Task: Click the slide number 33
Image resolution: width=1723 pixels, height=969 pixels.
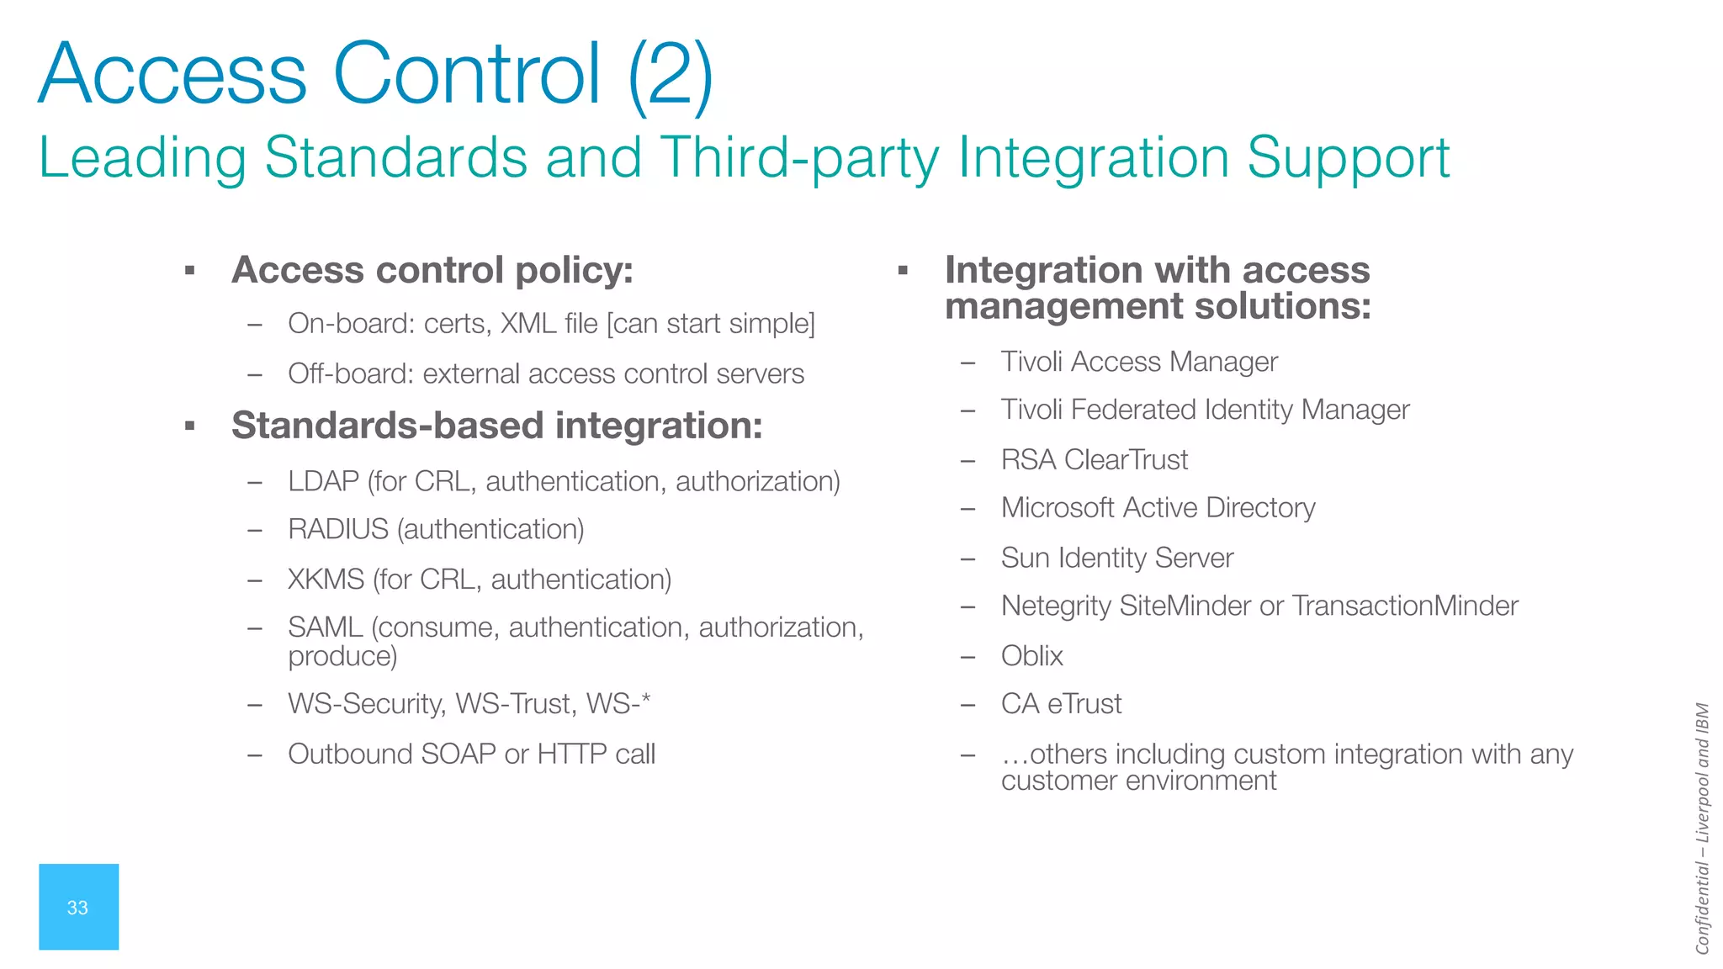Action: (x=77, y=908)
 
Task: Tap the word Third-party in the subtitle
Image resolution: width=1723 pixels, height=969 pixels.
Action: (x=798, y=158)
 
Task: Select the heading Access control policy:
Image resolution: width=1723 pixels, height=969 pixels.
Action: (x=432, y=270)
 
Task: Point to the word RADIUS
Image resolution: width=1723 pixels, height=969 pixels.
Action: (x=338, y=529)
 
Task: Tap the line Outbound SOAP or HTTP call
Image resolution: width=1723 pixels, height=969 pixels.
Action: (x=471, y=754)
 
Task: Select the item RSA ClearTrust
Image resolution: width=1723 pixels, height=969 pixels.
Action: (x=1094, y=460)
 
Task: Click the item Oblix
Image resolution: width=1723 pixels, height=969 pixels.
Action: (x=1031, y=656)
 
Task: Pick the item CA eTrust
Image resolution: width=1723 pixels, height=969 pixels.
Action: (x=1061, y=704)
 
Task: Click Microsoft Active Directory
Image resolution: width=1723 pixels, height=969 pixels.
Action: (x=1158, y=508)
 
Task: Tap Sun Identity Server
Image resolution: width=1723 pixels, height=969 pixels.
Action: (x=1116, y=558)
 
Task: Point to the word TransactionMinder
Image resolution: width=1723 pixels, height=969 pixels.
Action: (x=1405, y=606)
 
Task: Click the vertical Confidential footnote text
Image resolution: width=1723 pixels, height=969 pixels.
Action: (x=1702, y=829)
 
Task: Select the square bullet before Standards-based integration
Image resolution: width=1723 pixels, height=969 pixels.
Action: (x=190, y=426)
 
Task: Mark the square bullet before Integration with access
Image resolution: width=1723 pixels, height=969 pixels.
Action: (x=903, y=271)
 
